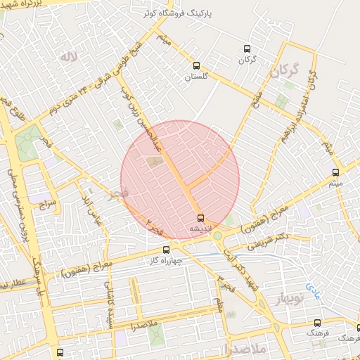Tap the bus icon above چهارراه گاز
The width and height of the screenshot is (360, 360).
166,249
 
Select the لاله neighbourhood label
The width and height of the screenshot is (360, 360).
67,56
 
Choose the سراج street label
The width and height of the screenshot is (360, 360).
47,204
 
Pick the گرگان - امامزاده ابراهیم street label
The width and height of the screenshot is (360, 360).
303,105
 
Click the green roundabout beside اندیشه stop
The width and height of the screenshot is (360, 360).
218,236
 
